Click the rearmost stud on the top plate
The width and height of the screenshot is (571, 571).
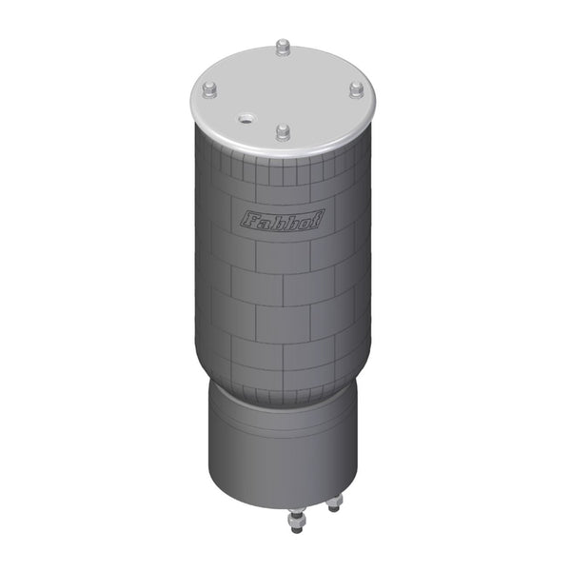pos(283,48)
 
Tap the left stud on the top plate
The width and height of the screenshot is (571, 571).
pos(208,90)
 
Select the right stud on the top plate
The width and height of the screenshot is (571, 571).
pos(356,89)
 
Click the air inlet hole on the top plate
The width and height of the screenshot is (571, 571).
pos(246,119)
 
